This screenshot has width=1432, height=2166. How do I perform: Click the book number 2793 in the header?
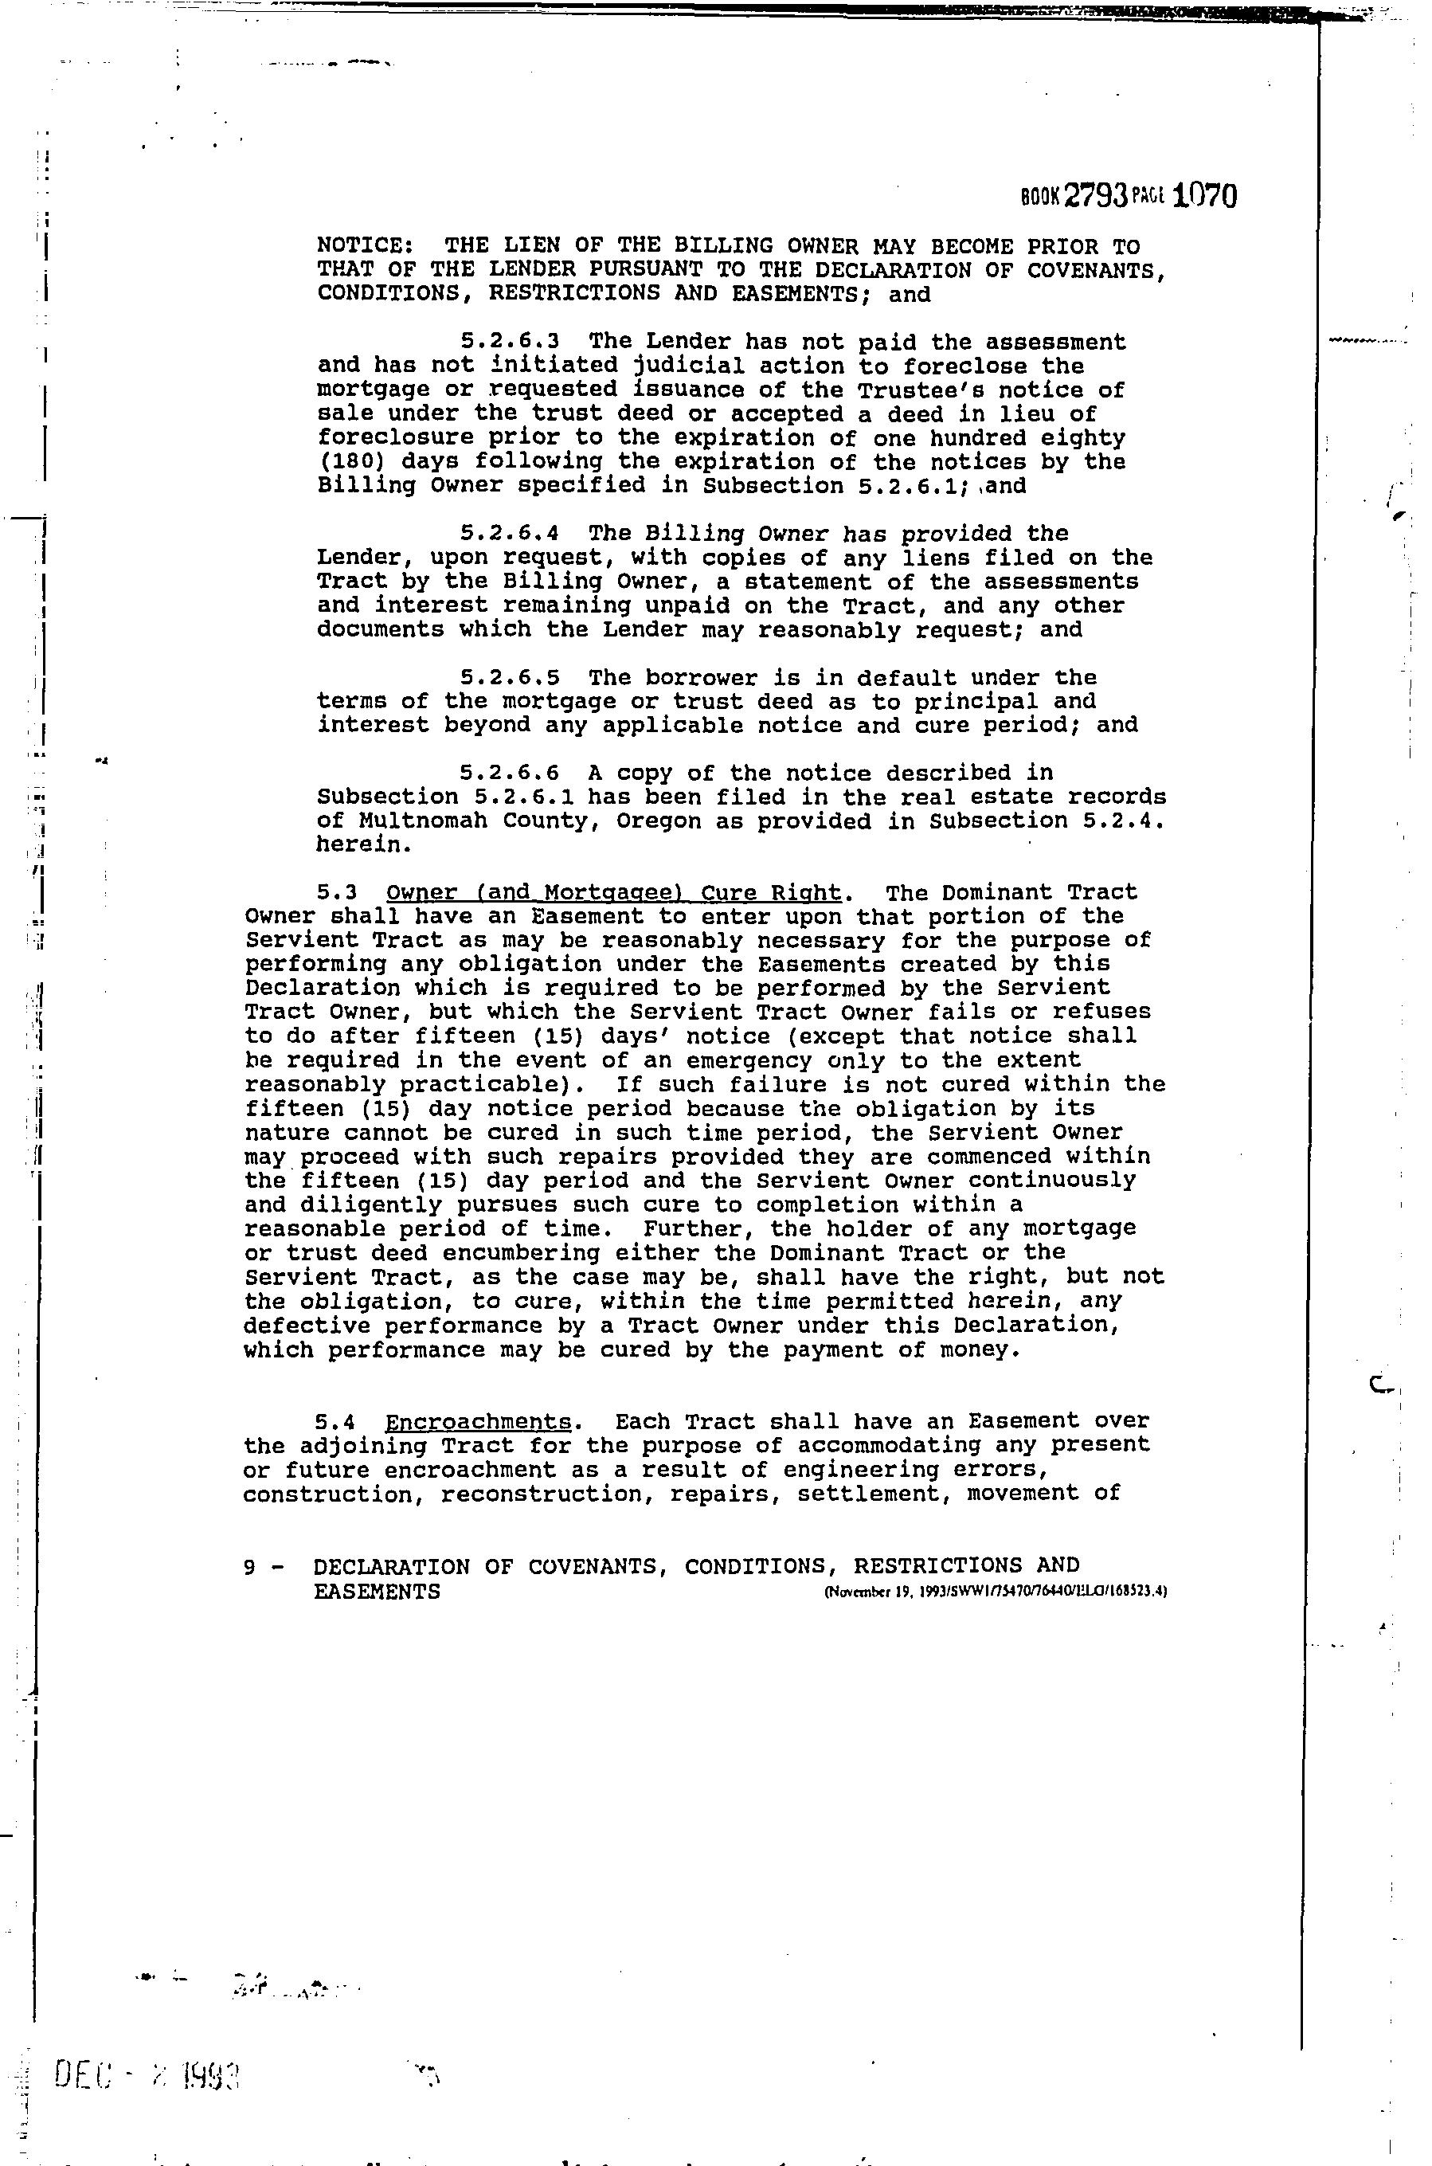pos(1095,197)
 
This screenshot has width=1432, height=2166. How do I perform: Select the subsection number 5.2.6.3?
pos(510,342)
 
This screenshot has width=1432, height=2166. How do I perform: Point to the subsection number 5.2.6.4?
pos(510,534)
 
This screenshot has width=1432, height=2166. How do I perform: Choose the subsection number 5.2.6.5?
pos(510,678)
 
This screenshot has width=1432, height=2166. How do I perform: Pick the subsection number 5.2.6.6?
pos(510,774)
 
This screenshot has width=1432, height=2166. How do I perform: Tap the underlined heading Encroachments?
pos(479,1423)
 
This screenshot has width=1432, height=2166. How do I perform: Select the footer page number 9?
pos(249,1567)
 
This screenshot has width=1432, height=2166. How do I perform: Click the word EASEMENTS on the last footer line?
pos(376,1592)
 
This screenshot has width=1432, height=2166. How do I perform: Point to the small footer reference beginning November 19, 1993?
pos(996,1592)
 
